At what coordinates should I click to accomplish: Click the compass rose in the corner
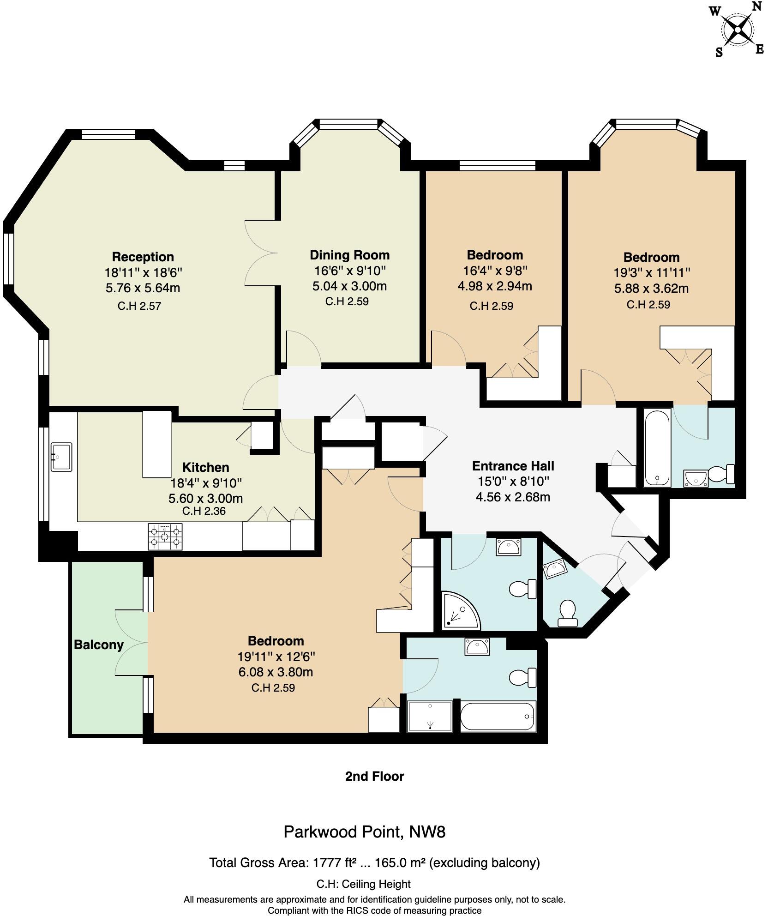click(x=738, y=30)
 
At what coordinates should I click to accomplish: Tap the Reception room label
click(x=143, y=257)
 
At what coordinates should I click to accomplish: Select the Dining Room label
click(x=349, y=255)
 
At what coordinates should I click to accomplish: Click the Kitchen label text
click(x=206, y=467)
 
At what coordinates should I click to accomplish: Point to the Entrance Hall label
click(x=513, y=466)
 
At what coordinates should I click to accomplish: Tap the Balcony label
click(x=99, y=645)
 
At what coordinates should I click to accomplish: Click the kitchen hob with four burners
click(x=165, y=536)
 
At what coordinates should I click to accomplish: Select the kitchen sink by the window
click(x=61, y=457)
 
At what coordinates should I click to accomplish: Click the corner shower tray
click(x=461, y=610)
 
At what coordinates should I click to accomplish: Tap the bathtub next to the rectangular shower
click(x=498, y=716)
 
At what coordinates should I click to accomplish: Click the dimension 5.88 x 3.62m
click(x=651, y=289)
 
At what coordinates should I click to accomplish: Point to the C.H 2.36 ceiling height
click(x=204, y=511)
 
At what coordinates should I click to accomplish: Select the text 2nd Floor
click(x=374, y=776)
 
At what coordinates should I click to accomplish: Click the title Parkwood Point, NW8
click(x=364, y=832)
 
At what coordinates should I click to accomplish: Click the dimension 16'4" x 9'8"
click(x=495, y=270)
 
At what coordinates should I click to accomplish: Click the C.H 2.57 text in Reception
click(x=139, y=306)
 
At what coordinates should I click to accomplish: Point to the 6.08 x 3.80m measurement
click(x=276, y=672)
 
